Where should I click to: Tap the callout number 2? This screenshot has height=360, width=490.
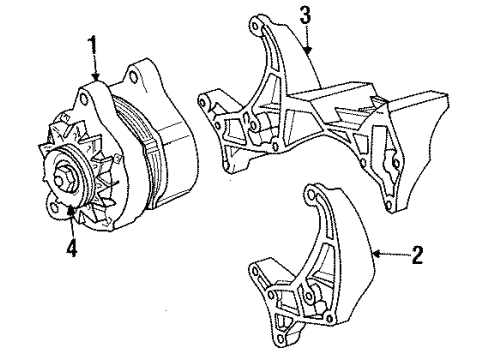(417, 257)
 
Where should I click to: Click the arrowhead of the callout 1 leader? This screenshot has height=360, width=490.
(96, 81)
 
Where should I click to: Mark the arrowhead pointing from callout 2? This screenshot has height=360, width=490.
(374, 255)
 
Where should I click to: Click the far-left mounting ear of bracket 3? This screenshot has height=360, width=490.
(205, 100)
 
